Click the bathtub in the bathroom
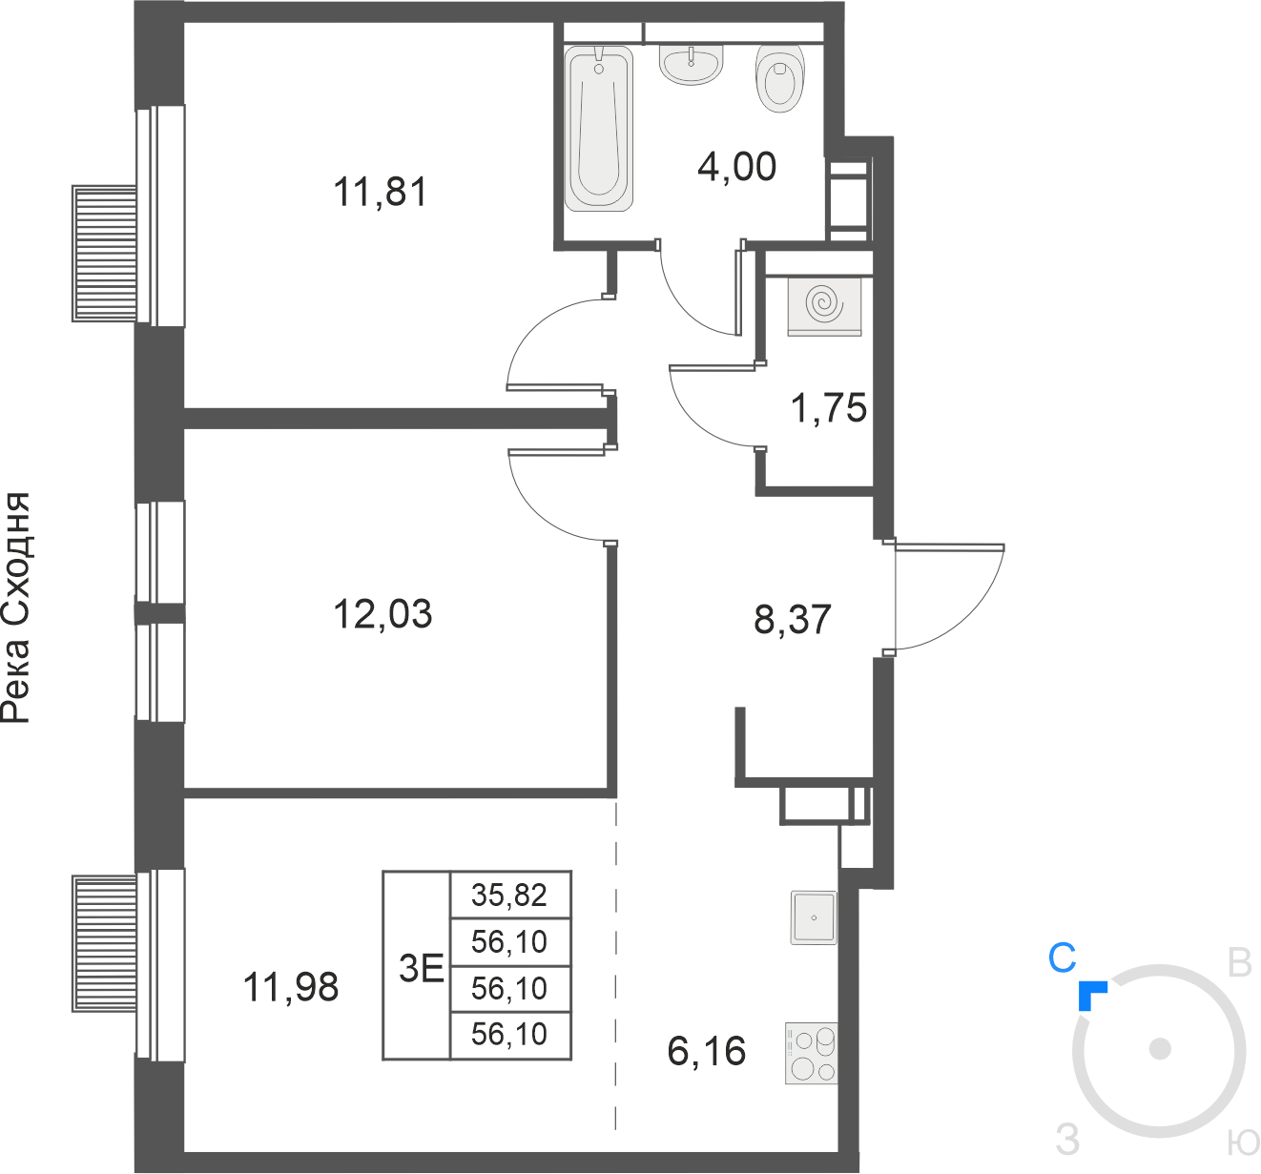(599, 128)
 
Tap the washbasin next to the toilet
(691, 64)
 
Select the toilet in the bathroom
(780, 79)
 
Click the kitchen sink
(814, 917)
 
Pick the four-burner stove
(811, 1053)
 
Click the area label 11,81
(380, 192)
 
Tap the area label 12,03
(382, 614)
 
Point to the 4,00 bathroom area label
(736, 166)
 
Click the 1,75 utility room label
(828, 407)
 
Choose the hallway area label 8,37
(792, 619)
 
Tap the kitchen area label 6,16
(706, 1051)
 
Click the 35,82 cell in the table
(508, 895)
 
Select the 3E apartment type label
(421, 969)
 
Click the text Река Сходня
(15, 607)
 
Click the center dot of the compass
(1160, 1048)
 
